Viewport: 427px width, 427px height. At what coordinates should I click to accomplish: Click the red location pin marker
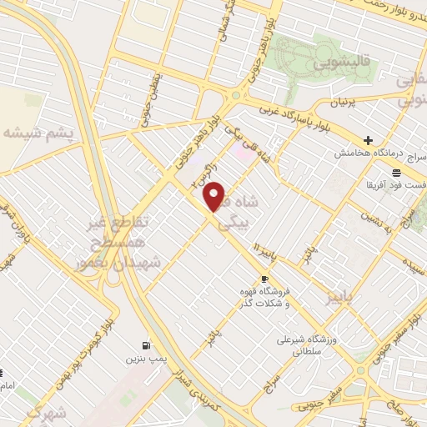214,196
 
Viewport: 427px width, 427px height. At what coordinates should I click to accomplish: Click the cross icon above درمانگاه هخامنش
368,139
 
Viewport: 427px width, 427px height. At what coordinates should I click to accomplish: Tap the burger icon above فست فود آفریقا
395,170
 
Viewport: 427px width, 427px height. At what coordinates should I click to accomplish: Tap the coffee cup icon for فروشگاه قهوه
265,279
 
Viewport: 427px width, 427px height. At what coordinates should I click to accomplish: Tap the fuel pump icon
147,345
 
